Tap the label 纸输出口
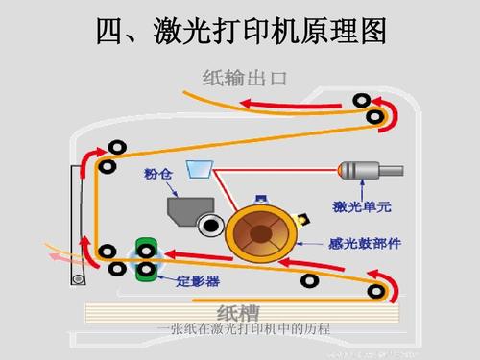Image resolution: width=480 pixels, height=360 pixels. pos(245,77)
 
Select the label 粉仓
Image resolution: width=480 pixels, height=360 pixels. pos(157,174)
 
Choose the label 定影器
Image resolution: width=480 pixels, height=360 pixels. pos(198,281)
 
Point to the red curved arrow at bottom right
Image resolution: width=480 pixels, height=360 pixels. pos(387,284)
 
